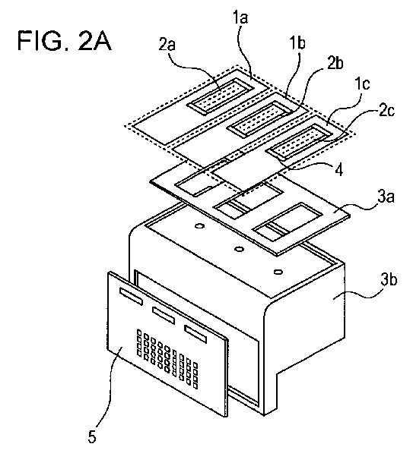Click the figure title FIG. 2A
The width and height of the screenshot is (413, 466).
pyautogui.click(x=65, y=40)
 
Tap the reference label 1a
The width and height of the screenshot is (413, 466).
pyautogui.click(x=240, y=17)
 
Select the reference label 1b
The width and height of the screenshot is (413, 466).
pyautogui.click(x=298, y=43)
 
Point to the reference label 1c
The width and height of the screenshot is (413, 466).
pyautogui.click(x=362, y=84)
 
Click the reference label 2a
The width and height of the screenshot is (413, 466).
pyautogui.click(x=167, y=45)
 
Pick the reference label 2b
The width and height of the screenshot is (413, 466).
pyautogui.click(x=335, y=64)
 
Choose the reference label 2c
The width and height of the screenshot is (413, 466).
pyautogui.click(x=386, y=111)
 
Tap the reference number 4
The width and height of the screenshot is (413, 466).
pyautogui.click(x=339, y=170)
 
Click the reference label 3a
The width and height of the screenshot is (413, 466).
pyautogui.click(x=386, y=197)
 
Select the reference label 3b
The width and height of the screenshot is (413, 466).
pyautogui.click(x=389, y=280)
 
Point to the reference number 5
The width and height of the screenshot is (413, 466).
pyautogui.click(x=92, y=437)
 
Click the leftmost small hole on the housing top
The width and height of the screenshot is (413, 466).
pyautogui.click(x=199, y=226)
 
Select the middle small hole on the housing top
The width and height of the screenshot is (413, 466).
pyautogui.click(x=239, y=249)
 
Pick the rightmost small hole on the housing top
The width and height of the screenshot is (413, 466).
pyautogui.click(x=278, y=272)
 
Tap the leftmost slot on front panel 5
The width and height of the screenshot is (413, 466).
pyautogui.click(x=131, y=296)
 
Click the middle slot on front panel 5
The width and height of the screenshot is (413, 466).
pyautogui.click(x=164, y=315)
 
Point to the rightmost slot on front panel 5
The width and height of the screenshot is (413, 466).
pyautogui.click(x=195, y=334)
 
